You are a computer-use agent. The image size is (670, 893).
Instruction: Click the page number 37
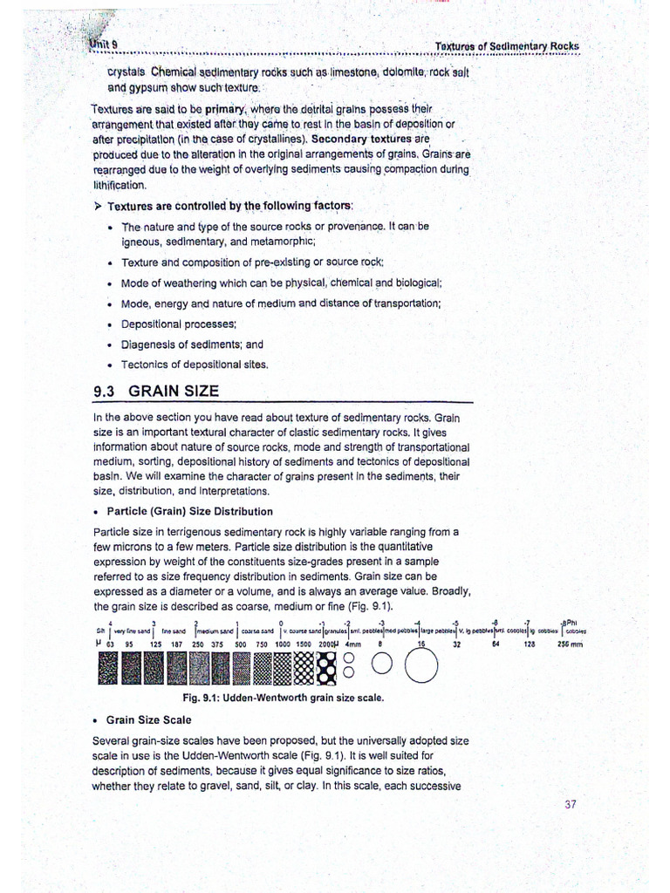pos(570,804)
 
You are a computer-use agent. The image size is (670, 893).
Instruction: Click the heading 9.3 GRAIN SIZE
pos(156,392)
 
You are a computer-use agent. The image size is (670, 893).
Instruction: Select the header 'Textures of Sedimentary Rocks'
pos(506,45)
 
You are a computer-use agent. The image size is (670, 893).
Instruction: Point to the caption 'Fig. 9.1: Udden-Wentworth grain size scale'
pos(283,699)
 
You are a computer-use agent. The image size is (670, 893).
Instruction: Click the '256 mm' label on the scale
pos(570,644)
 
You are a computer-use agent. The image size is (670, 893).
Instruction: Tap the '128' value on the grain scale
pos(530,644)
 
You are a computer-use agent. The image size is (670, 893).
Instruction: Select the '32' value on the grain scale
pos(456,644)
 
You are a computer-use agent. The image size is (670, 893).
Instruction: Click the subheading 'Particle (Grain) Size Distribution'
pos(189,511)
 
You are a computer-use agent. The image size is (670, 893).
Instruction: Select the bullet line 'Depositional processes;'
pos(167,324)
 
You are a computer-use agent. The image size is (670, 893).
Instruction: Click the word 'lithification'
pos(120,185)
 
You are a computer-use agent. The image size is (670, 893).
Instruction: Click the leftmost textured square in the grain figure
pos(109,669)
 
